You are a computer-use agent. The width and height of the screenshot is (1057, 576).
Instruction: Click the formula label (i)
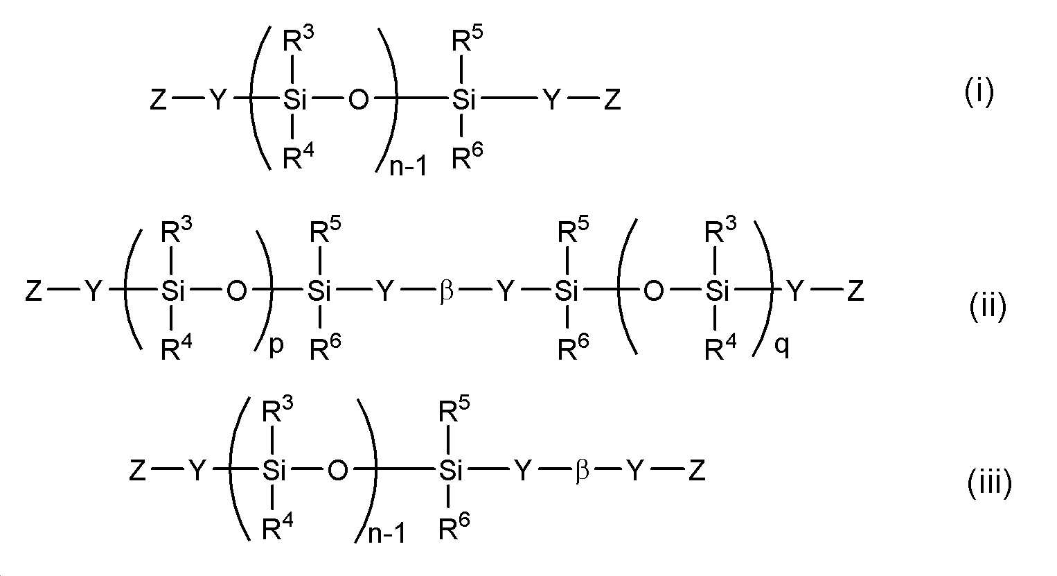point(979,93)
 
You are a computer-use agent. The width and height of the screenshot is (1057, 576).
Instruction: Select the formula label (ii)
point(987,306)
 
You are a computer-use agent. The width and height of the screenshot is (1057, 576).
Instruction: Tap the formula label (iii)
point(989,482)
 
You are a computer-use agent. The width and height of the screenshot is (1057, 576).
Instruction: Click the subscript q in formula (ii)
point(781,344)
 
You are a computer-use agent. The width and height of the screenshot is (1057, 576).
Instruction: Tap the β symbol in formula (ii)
point(446,292)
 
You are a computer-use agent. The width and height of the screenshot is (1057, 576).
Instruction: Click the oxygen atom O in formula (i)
point(358,101)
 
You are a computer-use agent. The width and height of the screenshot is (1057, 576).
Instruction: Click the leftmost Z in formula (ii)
point(33,292)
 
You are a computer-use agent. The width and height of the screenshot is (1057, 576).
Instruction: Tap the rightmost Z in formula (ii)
point(855,292)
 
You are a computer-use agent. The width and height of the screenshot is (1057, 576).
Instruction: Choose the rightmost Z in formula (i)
point(612,101)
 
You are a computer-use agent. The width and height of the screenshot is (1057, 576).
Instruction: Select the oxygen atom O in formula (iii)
point(337,472)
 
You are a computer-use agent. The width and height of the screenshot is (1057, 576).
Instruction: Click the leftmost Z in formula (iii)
point(137,472)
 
